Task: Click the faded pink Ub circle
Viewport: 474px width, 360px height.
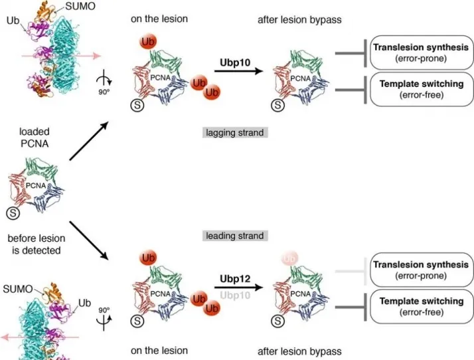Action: [x=288, y=258]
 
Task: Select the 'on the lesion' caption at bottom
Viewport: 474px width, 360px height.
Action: [x=159, y=350]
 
